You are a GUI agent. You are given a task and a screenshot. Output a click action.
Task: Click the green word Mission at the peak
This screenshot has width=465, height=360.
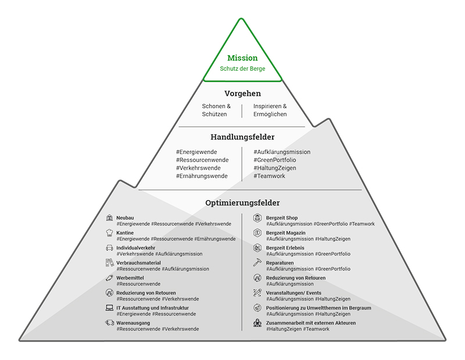pyautogui.click(x=242, y=58)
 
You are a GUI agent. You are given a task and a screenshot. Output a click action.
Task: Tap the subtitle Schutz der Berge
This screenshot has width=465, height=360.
pyautogui.click(x=242, y=69)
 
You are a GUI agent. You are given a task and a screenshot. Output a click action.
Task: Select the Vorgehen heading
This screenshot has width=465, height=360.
pyautogui.click(x=242, y=93)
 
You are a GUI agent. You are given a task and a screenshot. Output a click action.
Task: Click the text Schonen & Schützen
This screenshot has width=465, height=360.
pyautogui.click(x=216, y=110)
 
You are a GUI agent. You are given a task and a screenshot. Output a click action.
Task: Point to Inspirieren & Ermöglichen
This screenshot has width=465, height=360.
pyautogui.click(x=270, y=110)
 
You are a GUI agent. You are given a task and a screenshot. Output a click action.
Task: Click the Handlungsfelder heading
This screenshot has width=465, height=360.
pyautogui.click(x=242, y=138)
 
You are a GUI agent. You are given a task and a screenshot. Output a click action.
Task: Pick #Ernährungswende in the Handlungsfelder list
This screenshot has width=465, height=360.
pyautogui.click(x=202, y=176)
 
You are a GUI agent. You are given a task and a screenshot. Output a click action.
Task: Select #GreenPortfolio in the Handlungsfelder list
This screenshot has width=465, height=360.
pyautogui.click(x=275, y=160)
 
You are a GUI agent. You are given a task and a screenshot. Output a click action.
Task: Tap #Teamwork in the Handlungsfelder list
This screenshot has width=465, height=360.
pyautogui.click(x=269, y=176)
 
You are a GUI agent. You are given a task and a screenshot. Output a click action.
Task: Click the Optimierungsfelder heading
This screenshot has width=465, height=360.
pyautogui.click(x=242, y=203)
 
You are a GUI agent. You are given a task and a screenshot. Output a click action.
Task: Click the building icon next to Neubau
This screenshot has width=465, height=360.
pyautogui.click(x=109, y=218)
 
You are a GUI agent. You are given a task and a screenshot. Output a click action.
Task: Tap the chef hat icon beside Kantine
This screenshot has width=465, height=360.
pyautogui.click(x=109, y=233)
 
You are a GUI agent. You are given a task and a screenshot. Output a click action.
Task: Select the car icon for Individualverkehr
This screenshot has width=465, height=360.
pyautogui.click(x=109, y=248)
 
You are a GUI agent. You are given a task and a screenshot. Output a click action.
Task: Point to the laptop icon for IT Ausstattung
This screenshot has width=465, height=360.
pyautogui.click(x=109, y=308)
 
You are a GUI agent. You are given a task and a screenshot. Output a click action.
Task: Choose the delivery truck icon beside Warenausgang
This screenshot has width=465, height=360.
pyautogui.click(x=109, y=323)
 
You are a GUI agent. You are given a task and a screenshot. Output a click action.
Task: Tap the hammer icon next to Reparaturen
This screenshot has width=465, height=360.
pyautogui.click(x=258, y=263)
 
